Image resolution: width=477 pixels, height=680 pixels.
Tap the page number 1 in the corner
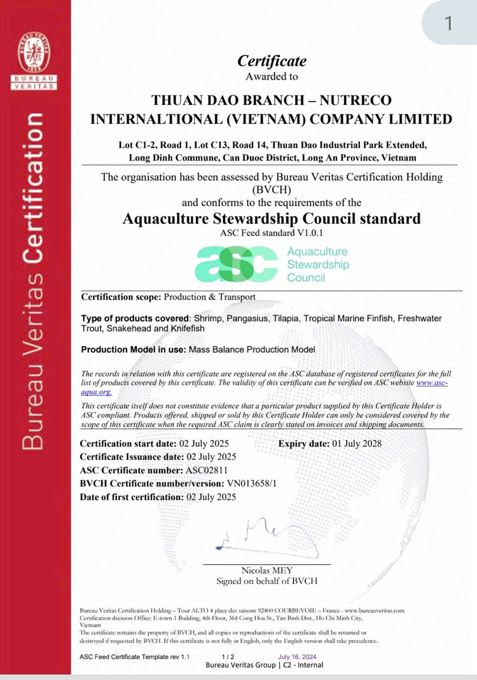[x=449, y=24]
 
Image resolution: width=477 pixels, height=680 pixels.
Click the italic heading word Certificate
[x=272, y=61]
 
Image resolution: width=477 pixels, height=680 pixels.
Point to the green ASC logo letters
[x=236, y=264]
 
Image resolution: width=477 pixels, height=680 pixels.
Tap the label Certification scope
[x=121, y=297]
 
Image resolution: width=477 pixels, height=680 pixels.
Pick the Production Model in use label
[x=134, y=349]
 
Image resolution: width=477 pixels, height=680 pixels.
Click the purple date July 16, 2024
[x=296, y=656]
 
